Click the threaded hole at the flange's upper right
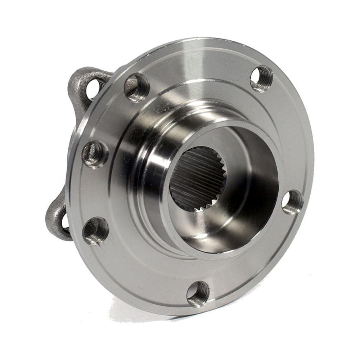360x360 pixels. coord(262,78)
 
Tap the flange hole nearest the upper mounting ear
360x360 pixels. coord(137,87)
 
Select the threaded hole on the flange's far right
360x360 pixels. coord(292,202)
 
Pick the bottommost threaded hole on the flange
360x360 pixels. coord(198,294)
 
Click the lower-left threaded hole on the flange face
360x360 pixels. coord(96,231)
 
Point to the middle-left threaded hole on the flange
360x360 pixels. coord(95,154)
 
